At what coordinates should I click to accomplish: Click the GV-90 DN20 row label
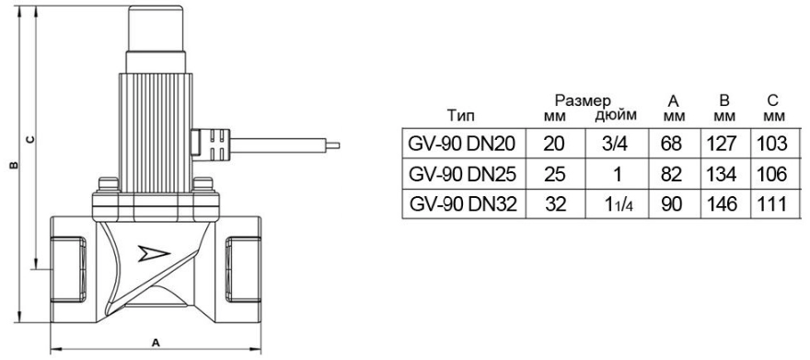pos(463,143)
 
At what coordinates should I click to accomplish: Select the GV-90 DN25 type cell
pos(463,174)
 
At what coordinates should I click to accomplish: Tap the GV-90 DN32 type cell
pos(463,204)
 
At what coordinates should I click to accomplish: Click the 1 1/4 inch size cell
pos(617,204)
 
